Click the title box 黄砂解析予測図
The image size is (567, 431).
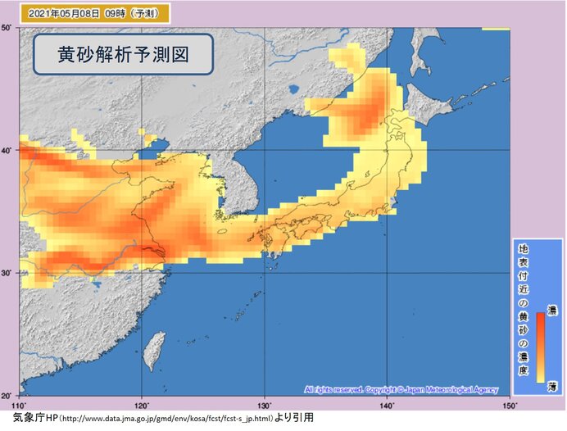pos(124,54)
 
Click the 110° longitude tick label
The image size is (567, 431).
pos(19,405)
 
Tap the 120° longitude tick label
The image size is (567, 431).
pos(141,405)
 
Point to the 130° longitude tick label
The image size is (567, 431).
pos(264,405)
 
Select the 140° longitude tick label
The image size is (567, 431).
pos(386,405)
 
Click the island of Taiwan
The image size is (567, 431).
pos(152,352)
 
